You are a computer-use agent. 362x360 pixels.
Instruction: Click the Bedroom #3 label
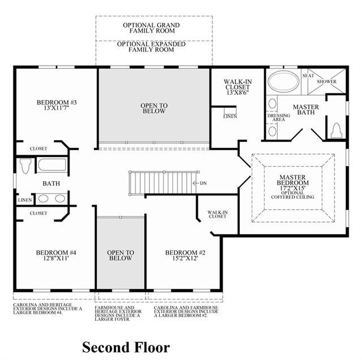[57, 102]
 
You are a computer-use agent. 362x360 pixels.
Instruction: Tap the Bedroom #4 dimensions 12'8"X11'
[56, 258]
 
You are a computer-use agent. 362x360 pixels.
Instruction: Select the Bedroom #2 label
[185, 253]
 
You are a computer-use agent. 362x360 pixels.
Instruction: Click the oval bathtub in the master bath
[283, 81]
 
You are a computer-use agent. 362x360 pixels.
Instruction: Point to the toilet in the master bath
[336, 131]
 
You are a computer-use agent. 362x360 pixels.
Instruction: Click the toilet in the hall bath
[25, 166]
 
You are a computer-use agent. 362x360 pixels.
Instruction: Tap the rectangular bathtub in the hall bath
[52, 164]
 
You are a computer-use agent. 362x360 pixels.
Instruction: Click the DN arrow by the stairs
[196, 183]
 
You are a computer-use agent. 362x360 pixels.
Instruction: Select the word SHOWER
[326, 81]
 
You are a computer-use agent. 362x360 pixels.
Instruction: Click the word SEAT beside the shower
[308, 76]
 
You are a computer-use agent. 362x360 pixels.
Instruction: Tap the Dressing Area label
[279, 118]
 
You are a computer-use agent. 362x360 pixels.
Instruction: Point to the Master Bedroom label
[292, 180]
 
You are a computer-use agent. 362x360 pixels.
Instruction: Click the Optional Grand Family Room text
[151, 28]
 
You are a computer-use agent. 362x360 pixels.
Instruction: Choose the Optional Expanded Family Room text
[151, 47]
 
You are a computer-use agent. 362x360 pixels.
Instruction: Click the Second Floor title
[126, 348]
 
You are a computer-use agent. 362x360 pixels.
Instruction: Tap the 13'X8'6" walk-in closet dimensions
[238, 93]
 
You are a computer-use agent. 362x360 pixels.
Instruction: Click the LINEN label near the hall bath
[25, 200]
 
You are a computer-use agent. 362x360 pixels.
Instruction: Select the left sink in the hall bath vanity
[43, 198]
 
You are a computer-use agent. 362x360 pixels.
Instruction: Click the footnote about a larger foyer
[118, 314]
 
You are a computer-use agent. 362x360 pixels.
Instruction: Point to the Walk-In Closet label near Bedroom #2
[217, 214]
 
